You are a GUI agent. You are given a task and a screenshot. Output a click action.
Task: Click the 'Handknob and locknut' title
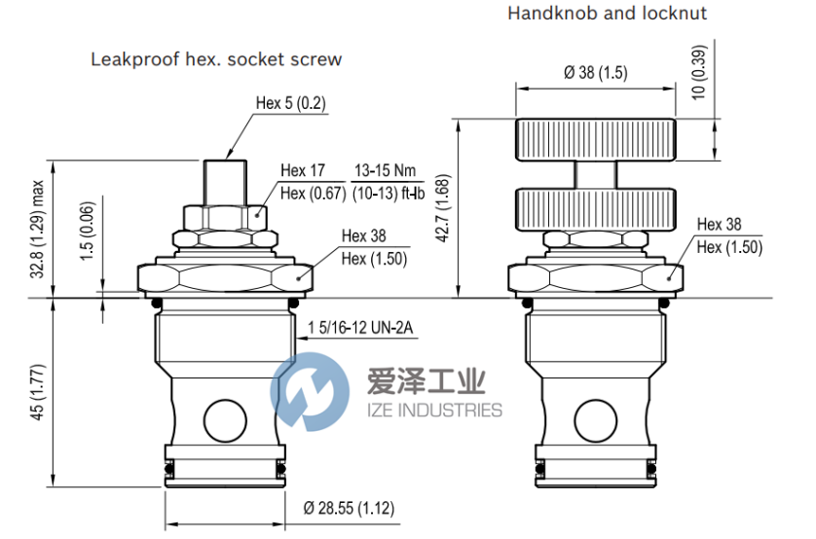[x=606, y=14]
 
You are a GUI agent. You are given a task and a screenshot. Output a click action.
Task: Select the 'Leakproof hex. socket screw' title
[x=216, y=59]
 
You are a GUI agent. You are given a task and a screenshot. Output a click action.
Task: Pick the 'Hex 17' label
[x=303, y=171]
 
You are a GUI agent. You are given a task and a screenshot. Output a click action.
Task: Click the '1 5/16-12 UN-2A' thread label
[x=360, y=328]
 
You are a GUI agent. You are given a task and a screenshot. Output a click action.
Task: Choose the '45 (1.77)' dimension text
[x=38, y=391]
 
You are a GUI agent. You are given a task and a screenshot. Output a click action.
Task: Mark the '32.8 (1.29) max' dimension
[x=38, y=229]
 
